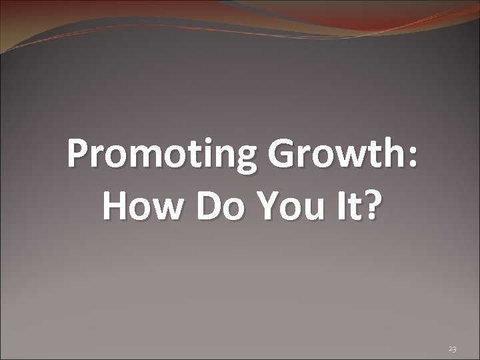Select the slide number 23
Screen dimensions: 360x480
453,349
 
